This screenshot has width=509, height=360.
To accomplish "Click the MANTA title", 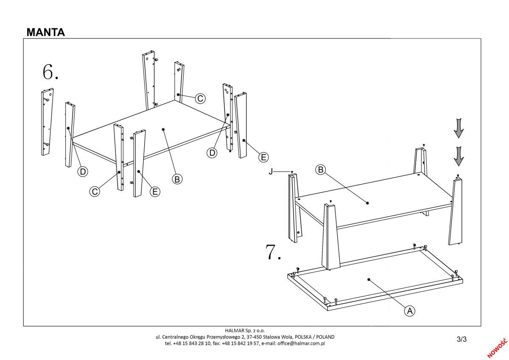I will point(46,32).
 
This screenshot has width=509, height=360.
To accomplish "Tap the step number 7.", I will point(273,252).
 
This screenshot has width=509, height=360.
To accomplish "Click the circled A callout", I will point(409,311).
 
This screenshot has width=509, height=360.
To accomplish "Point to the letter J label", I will point(270,172).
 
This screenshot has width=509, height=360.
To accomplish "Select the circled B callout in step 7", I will point(321,170).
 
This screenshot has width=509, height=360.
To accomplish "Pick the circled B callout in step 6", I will point(177,179).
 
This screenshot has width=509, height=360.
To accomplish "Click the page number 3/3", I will point(461,339).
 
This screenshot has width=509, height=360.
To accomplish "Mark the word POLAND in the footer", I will point(324,337).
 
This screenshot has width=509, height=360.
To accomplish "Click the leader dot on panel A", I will point(369,280).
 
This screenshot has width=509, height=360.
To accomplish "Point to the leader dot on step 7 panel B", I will point(367,203).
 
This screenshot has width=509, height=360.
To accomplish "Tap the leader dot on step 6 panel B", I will point(163,129).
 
